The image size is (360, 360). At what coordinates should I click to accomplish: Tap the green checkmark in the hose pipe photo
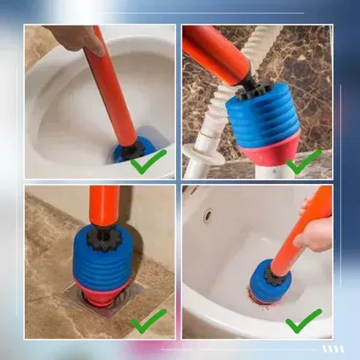(304, 161)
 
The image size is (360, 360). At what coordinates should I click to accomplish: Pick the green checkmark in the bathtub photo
(304, 320)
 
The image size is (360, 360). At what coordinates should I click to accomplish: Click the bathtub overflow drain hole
(208, 215)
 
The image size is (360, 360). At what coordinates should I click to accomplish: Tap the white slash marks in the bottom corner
(332, 348)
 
